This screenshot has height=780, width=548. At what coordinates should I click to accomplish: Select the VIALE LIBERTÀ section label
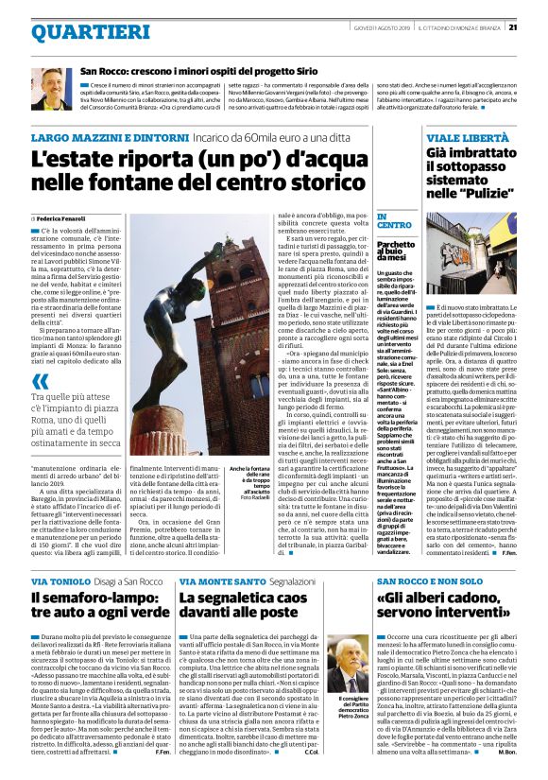click(462, 138)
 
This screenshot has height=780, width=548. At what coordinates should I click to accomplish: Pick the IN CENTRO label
click(394, 220)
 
